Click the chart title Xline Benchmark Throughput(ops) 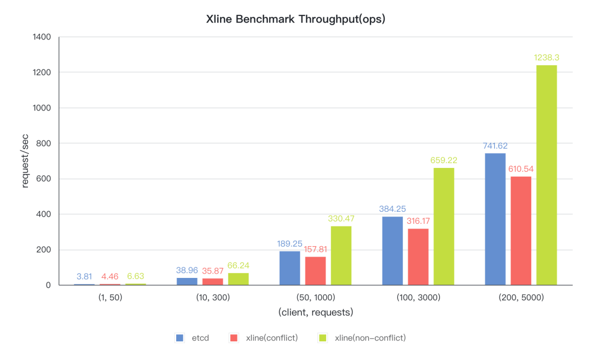tap(296, 19)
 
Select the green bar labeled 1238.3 tap(546, 175)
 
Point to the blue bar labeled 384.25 tap(392, 251)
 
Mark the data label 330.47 tap(341, 218)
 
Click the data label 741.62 tap(495, 146)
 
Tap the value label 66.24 tap(238, 265)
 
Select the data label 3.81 tap(84, 276)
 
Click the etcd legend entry tap(193, 338)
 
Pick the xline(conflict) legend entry tap(264, 338)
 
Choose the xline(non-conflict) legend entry tap(362, 338)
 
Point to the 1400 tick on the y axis tap(42, 37)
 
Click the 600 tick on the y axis tap(44, 179)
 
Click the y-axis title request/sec tap(25, 161)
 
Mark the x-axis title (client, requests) tap(316, 312)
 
